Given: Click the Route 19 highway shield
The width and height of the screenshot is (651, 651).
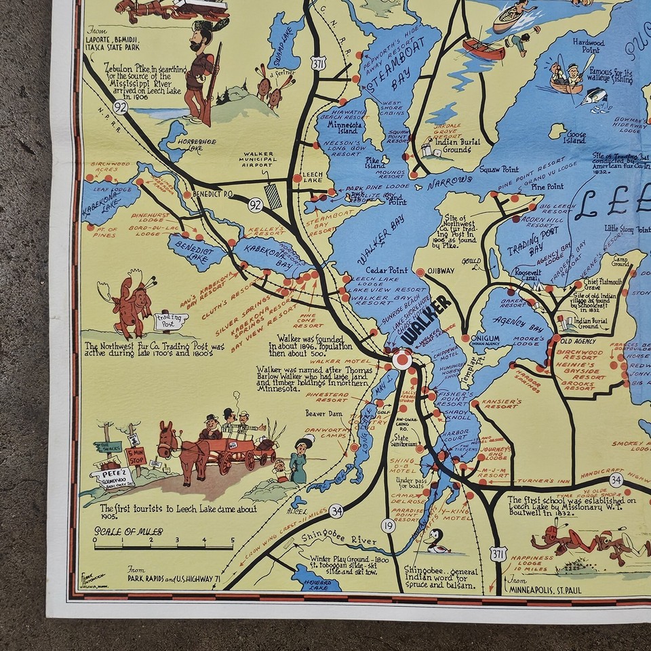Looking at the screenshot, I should (388, 524).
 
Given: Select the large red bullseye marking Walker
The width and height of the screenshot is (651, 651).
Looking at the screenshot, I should (401, 359).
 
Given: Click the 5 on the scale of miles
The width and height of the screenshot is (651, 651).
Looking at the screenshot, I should (233, 541).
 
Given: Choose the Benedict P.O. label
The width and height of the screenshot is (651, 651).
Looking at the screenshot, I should (213, 193).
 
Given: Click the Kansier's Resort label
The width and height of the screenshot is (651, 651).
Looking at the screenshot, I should (500, 403).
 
